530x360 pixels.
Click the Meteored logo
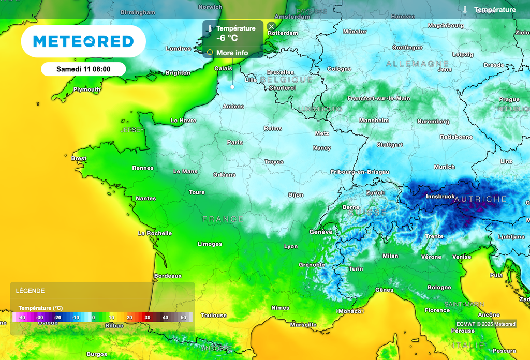(x=83, y=41)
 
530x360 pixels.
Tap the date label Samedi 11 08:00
(x=83, y=69)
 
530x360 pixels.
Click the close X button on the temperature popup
(x=271, y=26)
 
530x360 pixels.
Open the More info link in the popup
(x=232, y=53)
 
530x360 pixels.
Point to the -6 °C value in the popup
(x=228, y=38)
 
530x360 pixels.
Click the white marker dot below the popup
(x=232, y=87)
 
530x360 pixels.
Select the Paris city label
(x=234, y=142)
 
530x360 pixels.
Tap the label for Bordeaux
(x=168, y=276)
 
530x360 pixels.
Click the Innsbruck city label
(x=440, y=197)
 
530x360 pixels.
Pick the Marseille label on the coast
(x=303, y=325)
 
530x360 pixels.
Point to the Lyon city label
(x=291, y=246)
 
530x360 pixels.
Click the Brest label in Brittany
(x=79, y=158)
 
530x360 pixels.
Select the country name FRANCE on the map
(x=223, y=219)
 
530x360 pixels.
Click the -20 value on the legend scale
(x=57, y=317)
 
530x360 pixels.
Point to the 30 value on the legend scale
(x=148, y=317)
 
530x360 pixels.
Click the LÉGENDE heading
(x=30, y=291)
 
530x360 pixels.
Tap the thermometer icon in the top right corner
(x=465, y=10)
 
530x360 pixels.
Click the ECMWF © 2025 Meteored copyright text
(x=485, y=324)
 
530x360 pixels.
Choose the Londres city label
(x=178, y=49)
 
